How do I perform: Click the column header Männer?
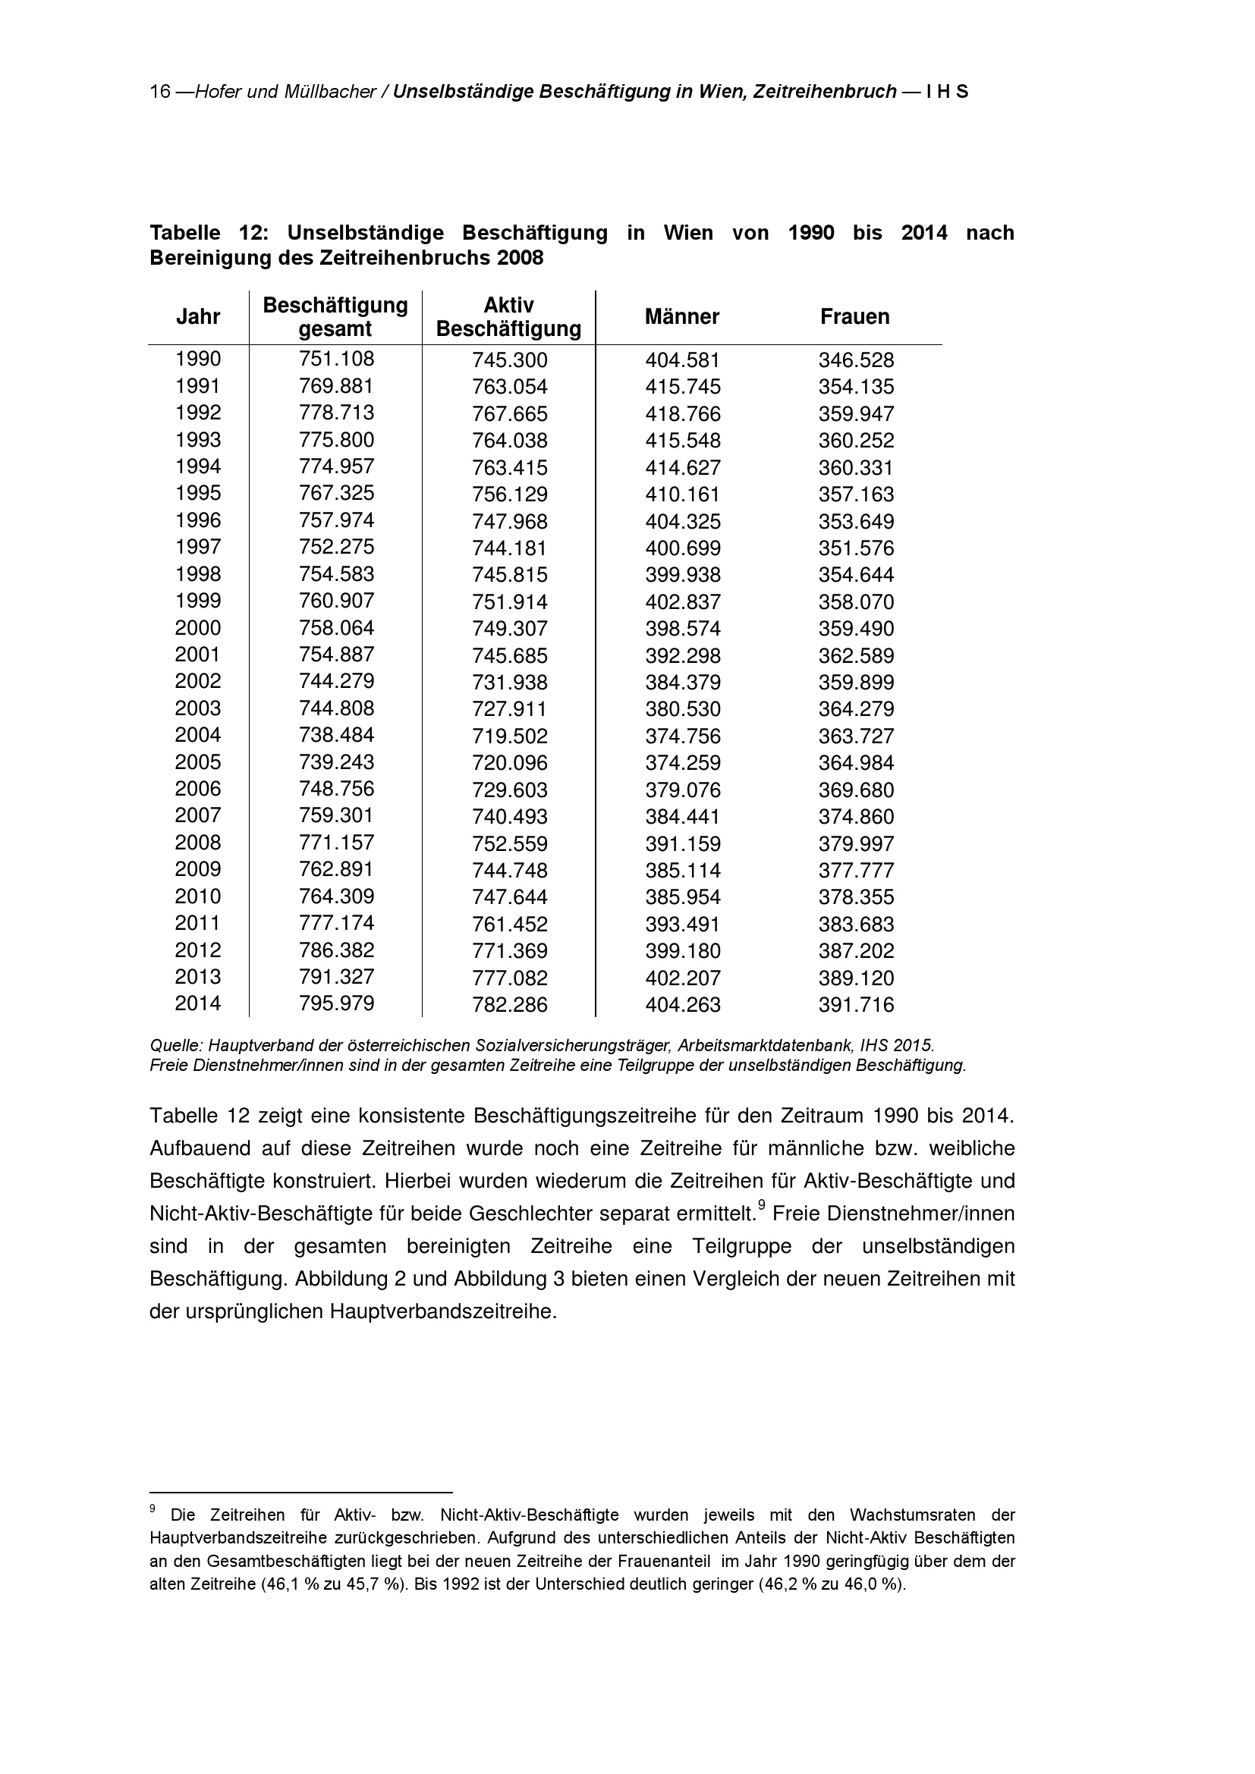click(681, 317)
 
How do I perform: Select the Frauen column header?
click(854, 317)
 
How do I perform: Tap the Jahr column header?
click(198, 317)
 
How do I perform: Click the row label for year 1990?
click(198, 360)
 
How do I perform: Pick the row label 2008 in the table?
click(198, 842)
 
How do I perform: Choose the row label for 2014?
click(198, 1003)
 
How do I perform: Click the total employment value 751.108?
click(336, 360)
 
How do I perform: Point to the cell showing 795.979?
click(336, 1003)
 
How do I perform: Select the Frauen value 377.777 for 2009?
click(856, 871)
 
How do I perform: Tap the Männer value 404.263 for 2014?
click(683, 1005)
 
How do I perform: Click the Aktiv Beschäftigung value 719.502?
click(510, 736)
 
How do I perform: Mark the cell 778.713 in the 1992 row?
click(336, 413)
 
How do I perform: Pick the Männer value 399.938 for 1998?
click(683, 575)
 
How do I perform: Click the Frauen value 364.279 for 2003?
click(856, 709)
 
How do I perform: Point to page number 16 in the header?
click(160, 92)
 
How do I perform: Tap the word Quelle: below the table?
click(176, 1046)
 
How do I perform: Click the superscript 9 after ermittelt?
click(761, 1204)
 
